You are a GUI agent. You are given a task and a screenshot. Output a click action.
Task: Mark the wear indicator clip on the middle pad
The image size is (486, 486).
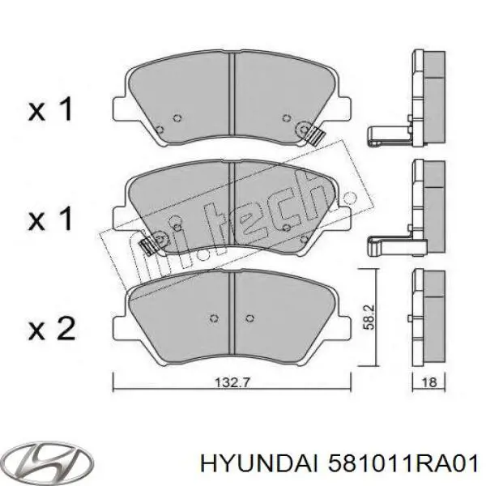click(150, 245)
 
